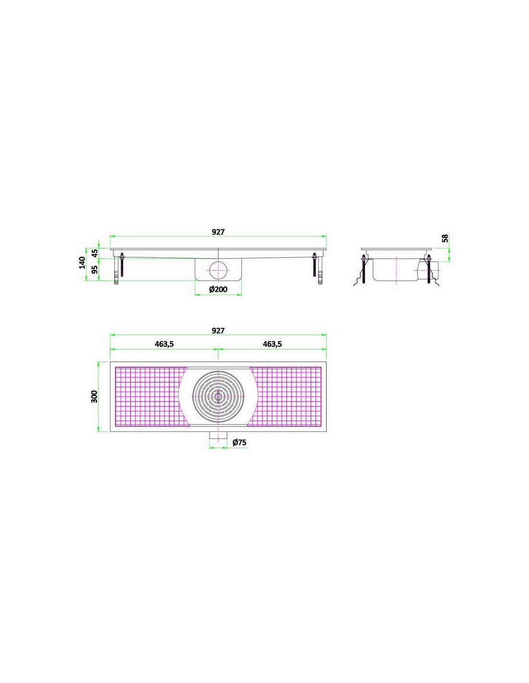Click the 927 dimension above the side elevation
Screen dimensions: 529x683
click(x=218, y=232)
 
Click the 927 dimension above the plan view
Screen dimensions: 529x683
click(x=218, y=331)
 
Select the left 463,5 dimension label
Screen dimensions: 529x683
click(x=164, y=344)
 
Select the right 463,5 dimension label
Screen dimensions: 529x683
click(x=272, y=344)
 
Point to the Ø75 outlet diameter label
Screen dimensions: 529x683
click(x=239, y=442)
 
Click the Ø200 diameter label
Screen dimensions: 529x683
click(x=218, y=289)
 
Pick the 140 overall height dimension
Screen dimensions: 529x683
click(x=82, y=262)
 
